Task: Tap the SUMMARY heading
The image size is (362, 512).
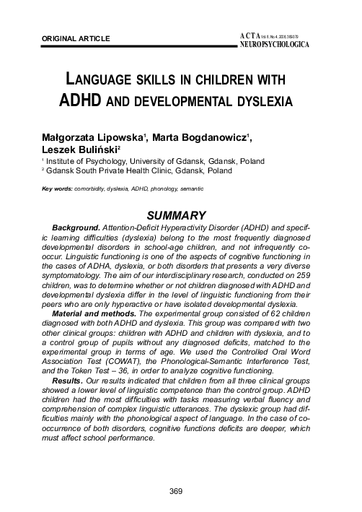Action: tap(177, 215)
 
